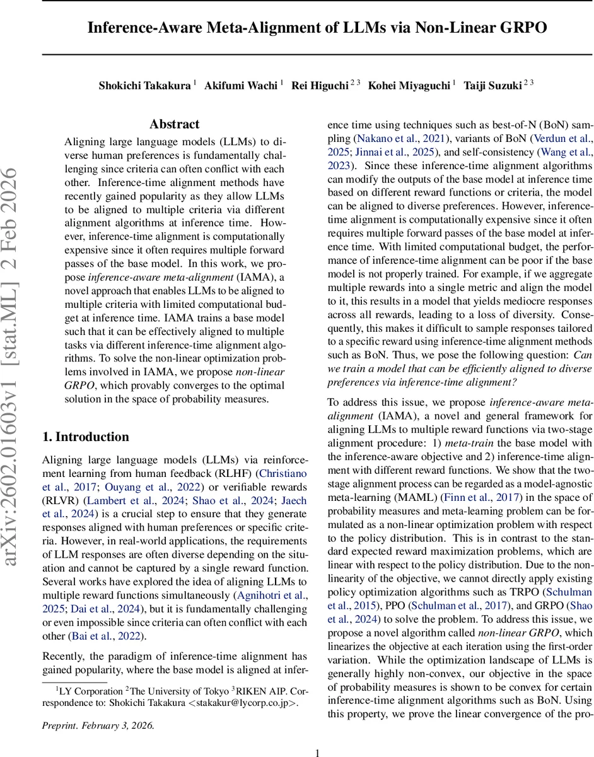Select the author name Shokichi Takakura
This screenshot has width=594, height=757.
[144, 85]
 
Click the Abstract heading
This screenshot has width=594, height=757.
[174, 124]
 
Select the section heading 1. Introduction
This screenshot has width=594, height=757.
[85, 437]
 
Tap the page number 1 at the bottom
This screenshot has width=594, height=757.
[317, 752]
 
